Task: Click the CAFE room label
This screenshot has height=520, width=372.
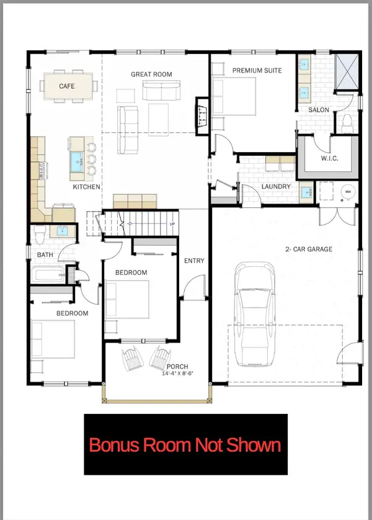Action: point(66,86)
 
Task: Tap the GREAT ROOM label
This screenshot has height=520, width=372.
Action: point(151,74)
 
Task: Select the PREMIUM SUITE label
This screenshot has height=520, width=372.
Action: point(257,71)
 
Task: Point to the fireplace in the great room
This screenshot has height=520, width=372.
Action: point(201,114)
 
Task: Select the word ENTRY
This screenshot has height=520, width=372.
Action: point(194,261)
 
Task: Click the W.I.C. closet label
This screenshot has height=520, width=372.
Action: point(329,158)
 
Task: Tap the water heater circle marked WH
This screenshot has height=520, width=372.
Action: point(348,192)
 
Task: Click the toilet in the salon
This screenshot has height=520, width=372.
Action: point(347,120)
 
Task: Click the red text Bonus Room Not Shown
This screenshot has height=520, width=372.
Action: point(185,445)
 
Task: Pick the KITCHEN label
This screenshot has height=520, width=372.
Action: point(87,187)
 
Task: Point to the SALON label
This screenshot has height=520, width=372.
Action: point(319,110)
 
